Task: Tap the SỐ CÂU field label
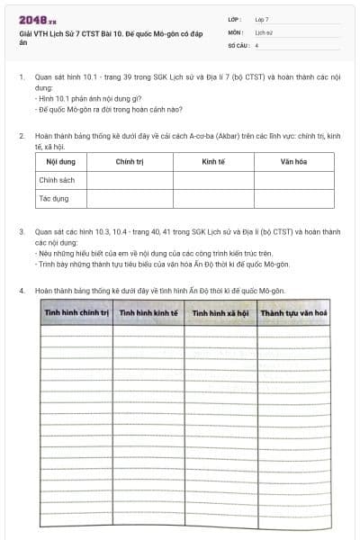pyautogui.click(x=237, y=44)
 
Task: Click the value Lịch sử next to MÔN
pyautogui.click(x=263, y=31)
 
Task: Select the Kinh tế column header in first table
pyautogui.click(x=214, y=162)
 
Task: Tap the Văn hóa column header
pyautogui.click(x=293, y=162)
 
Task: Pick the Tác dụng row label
pyautogui.click(x=53, y=198)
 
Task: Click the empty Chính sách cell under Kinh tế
pyautogui.click(x=214, y=180)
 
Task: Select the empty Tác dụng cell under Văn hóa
pyautogui.click(x=293, y=198)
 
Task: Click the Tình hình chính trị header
pyautogui.click(x=76, y=314)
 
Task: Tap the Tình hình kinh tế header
pyautogui.click(x=148, y=314)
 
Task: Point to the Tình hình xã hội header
pyautogui.click(x=220, y=314)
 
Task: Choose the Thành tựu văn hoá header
pyautogui.click(x=293, y=314)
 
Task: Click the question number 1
pyautogui.click(x=22, y=77)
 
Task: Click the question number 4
pyautogui.click(x=22, y=291)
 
